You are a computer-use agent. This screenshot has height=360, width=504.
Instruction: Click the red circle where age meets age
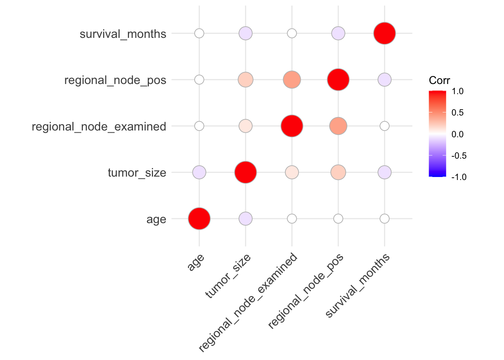coord(199,219)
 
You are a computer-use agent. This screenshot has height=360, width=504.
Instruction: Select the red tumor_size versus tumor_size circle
coord(246,172)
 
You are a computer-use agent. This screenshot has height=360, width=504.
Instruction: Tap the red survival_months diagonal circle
coord(384,33)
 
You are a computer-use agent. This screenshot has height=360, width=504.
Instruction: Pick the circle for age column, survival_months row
coord(199,33)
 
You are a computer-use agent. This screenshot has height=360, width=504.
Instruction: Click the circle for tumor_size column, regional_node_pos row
coord(246,79)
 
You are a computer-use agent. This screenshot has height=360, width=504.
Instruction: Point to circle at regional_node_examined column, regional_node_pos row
coord(292,79)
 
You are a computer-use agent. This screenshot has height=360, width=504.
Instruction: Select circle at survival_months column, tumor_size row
coord(384,172)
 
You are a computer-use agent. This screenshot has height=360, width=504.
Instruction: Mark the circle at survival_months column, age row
coord(384,219)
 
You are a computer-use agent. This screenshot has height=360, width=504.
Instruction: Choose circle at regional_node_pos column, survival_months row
coord(338,33)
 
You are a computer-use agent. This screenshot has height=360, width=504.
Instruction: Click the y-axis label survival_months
coord(123,34)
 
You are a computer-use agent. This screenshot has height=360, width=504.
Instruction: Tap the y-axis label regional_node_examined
coord(99,127)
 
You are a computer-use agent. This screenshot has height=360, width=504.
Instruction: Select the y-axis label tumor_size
coord(136,173)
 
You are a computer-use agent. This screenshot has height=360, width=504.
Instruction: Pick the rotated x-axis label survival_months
coord(357,286)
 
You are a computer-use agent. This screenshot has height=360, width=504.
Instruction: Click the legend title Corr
coord(439,80)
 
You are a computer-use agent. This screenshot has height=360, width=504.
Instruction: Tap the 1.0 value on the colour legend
coord(457,91)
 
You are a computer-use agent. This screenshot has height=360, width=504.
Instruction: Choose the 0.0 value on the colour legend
coord(457,134)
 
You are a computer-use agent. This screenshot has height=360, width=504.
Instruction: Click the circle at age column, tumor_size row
coord(199,172)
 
